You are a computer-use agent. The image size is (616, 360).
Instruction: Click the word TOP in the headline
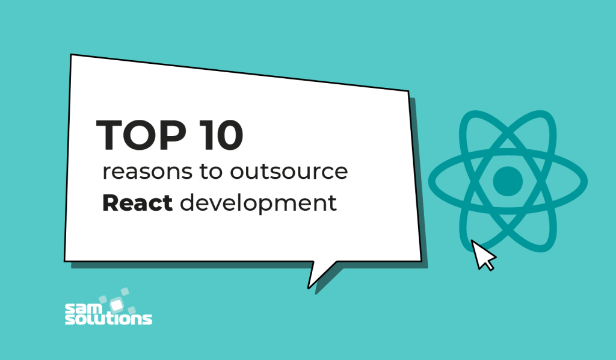click(x=136, y=135)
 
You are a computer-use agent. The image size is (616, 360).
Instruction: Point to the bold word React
click(x=138, y=203)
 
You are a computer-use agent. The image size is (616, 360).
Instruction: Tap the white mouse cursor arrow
click(x=483, y=255)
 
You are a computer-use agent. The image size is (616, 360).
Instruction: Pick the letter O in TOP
click(x=137, y=135)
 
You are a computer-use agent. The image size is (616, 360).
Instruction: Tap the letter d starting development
click(x=187, y=203)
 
